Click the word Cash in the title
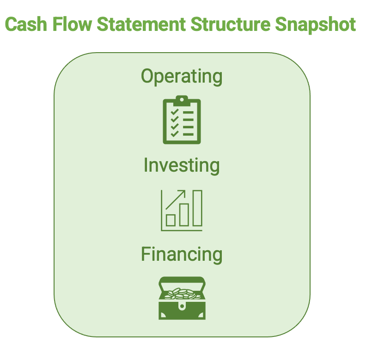point(26,24)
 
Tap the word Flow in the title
point(72,24)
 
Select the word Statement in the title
point(141,24)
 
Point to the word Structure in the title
point(231,24)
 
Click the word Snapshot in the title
point(315,26)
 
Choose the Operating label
point(182,77)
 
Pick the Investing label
point(182,166)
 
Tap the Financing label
point(182,255)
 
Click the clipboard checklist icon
point(182,120)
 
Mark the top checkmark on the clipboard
point(175,112)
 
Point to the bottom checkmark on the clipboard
point(175,134)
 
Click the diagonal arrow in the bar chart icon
point(175,200)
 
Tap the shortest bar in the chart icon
point(171,220)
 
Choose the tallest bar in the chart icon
point(197,208)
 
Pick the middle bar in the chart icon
point(184,215)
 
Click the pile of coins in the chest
point(182,294)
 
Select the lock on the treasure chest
point(182,306)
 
